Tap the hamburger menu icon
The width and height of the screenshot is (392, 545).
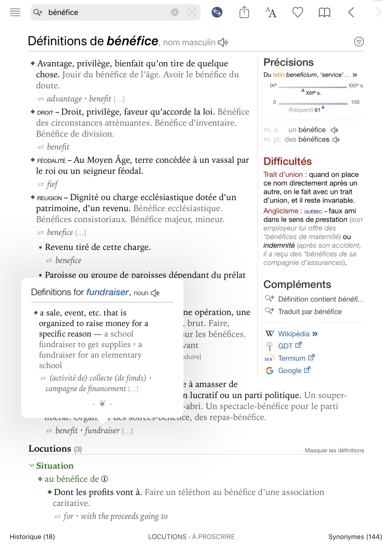click(15, 12)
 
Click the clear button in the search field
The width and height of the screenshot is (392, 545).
click(175, 12)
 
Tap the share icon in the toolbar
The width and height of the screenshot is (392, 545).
click(244, 12)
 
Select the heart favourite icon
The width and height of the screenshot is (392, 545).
click(298, 12)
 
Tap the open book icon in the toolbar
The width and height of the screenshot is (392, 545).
click(325, 12)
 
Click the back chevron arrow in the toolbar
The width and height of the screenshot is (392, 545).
click(351, 12)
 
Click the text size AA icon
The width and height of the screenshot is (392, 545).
click(271, 12)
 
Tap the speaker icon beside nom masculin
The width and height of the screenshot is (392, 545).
click(223, 43)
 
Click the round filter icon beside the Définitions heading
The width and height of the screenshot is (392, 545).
click(359, 42)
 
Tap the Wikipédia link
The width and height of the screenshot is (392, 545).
click(294, 334)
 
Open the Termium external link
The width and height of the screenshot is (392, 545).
click(292, 358)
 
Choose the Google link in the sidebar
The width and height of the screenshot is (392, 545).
click(290, 370)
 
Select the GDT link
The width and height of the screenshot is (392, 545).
click(285, 345)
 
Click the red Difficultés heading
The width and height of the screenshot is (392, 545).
click(287, 161)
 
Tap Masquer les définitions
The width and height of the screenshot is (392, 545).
click(334, 450)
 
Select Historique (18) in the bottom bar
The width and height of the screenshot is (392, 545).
click(32, 537)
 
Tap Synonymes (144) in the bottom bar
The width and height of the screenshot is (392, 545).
click(355, 537)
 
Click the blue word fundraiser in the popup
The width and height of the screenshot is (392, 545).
click(108, 292)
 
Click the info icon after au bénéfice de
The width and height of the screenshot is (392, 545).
click(105, 479)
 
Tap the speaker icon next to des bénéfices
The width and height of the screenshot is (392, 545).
click(336, 140)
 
